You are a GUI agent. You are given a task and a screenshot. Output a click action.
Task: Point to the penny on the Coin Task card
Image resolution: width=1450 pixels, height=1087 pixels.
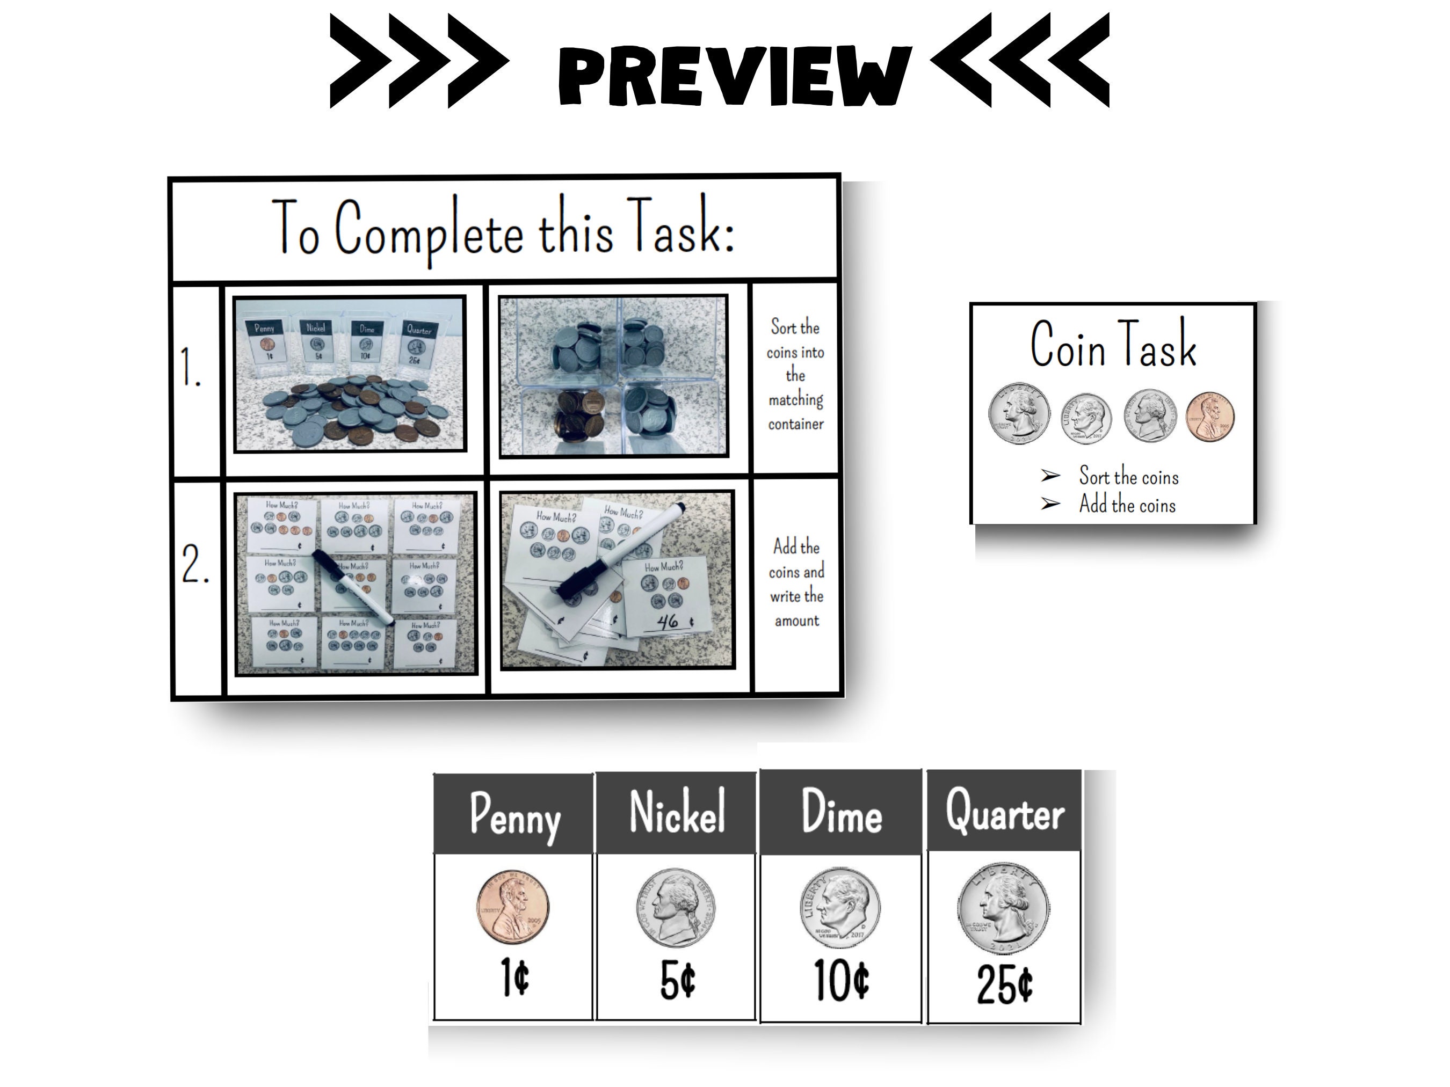1209,417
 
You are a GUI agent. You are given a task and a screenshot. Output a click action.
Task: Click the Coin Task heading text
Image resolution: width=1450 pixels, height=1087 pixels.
1113,344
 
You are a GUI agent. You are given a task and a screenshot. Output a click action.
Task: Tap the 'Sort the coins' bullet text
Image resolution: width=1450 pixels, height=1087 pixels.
1128,476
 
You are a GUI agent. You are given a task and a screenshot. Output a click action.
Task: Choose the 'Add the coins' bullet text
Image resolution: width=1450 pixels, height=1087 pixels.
1127,505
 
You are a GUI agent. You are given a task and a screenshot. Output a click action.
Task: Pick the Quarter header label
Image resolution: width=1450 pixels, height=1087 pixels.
1004,812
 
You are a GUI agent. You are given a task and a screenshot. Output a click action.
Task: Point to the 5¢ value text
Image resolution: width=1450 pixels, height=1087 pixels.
677,981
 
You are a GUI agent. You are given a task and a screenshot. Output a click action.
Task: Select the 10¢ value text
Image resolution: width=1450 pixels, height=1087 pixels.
842,981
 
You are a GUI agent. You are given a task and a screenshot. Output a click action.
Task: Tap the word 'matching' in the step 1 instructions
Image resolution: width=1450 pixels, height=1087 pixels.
795,400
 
